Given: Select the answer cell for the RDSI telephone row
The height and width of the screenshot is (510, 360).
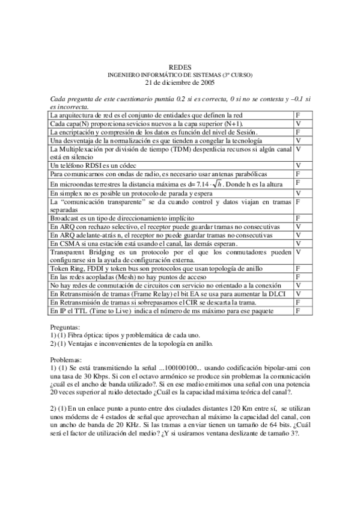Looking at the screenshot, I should [298, 165].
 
